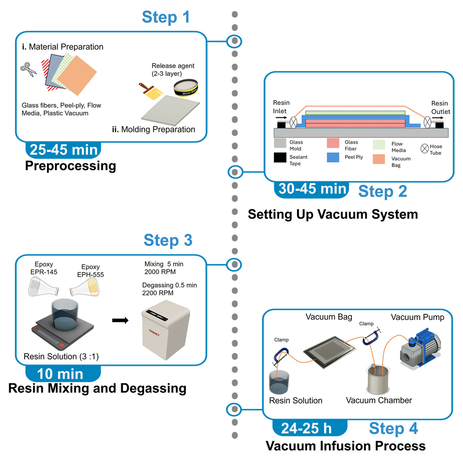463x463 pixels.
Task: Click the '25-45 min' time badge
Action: [64, 150]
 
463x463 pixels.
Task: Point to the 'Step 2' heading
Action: [383, 191]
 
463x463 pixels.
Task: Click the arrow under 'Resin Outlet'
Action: [437, 118]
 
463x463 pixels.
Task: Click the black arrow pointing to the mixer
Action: [120, 320]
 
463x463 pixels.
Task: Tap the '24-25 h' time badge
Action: [309, 428]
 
